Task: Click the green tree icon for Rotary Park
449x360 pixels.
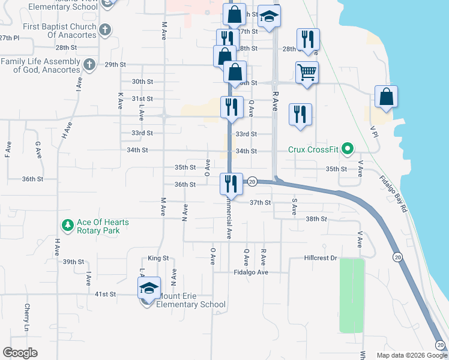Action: coord(67,226)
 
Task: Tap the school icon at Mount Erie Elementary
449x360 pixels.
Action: coord(149,290)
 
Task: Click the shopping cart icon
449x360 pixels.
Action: coord(307,73)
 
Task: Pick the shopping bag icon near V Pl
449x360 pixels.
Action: coord(386,97)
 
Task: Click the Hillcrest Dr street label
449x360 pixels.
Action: coord(322,257)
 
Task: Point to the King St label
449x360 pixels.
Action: coord(158,258)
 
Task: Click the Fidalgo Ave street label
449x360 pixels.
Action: coord(251,272)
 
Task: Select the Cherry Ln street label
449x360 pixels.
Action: coord(27,317)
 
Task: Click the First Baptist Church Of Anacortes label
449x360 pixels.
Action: coord(59,31)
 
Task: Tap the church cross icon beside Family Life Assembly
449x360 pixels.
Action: coord(89,64)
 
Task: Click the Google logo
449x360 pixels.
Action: coord(20,353)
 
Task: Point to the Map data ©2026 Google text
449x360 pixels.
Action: coord(411,355)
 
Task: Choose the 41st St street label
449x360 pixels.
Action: coord(104,294)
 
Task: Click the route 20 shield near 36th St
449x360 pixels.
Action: coord(252,181)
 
